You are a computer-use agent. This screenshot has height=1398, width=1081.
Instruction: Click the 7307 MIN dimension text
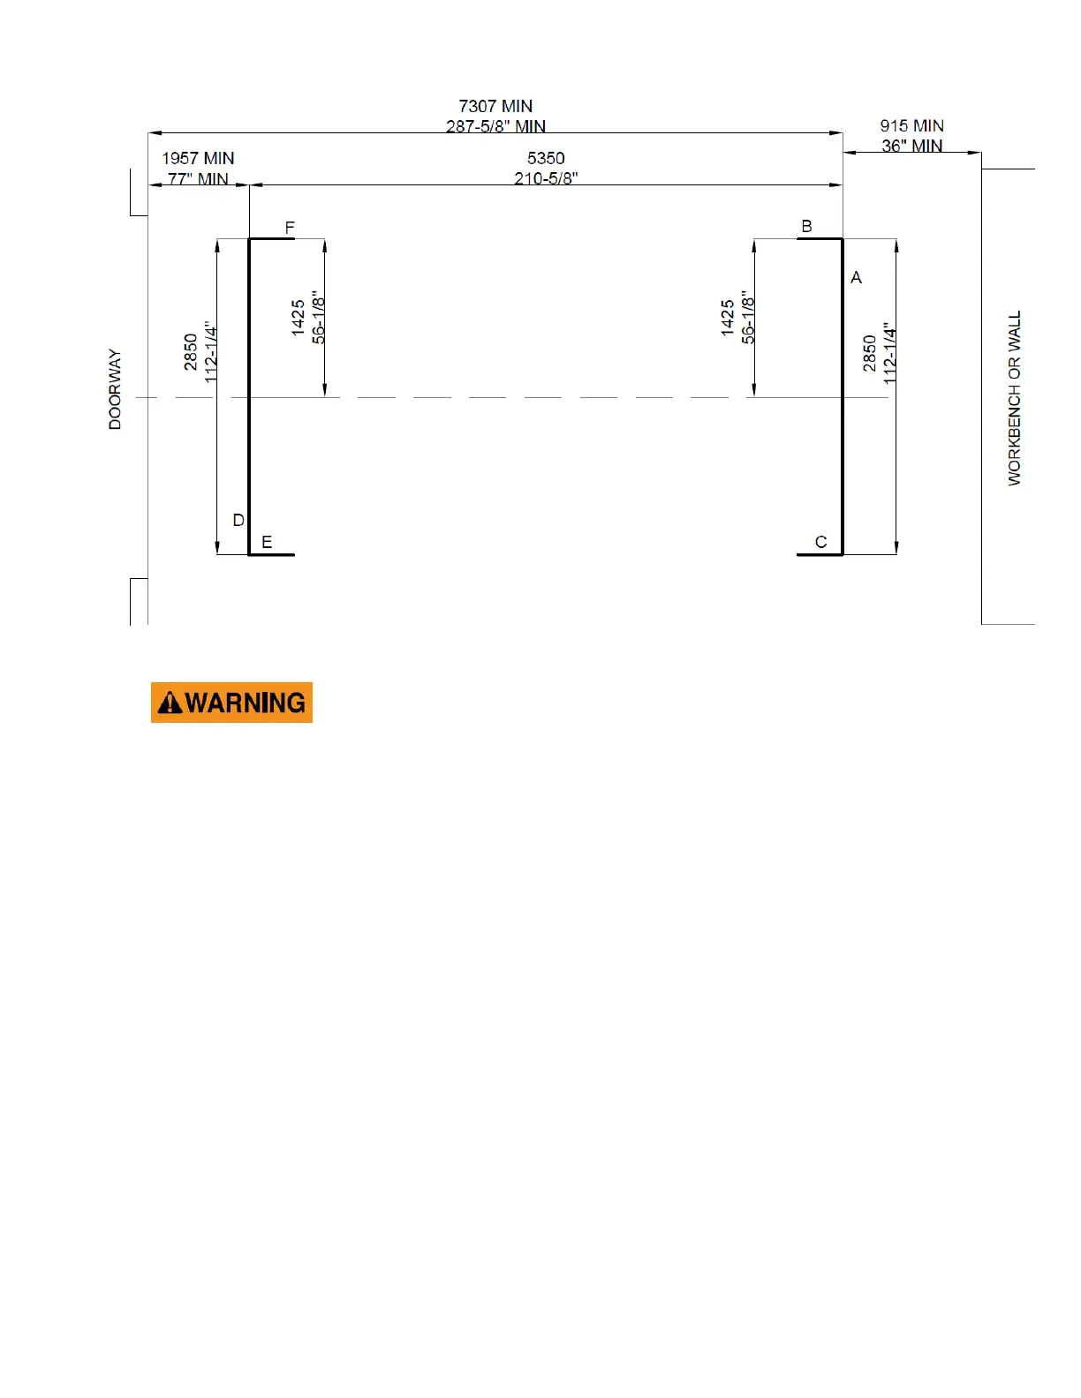coord(495,107)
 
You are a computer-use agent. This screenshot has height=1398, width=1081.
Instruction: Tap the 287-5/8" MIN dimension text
coord(495,126)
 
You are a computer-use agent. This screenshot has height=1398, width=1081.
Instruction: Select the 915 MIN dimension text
coord(911,126)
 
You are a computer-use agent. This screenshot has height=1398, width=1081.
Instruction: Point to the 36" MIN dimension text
coord(911,146)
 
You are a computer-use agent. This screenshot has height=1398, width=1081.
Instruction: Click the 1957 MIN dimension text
coord(198,159)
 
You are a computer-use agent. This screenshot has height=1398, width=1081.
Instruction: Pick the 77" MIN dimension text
coord(198,178)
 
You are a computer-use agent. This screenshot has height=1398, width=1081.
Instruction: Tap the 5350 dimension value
coord(546,159)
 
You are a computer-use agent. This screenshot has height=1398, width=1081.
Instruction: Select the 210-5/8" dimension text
coord(546,178)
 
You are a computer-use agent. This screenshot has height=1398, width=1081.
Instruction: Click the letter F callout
coord(290,228)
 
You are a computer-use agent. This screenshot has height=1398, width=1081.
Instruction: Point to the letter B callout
coord(806,227)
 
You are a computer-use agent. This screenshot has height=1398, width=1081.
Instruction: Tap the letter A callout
coord(856,278)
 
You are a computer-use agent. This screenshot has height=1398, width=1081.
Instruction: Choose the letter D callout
coord(238,520)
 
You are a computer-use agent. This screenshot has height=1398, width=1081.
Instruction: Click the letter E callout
coord(267,542)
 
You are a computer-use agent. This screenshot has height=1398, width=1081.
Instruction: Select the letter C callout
coord(821,542)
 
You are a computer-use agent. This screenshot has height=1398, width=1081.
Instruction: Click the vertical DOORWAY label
coord(115,389)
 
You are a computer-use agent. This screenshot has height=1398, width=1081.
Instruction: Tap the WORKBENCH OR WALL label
coord(1015,397)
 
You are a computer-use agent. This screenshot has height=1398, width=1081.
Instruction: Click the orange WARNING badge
coord(231,703)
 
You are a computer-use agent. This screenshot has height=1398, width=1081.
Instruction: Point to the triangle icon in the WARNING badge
coord(170,703)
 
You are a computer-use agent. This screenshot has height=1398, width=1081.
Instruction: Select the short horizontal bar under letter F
coord(272,238)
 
